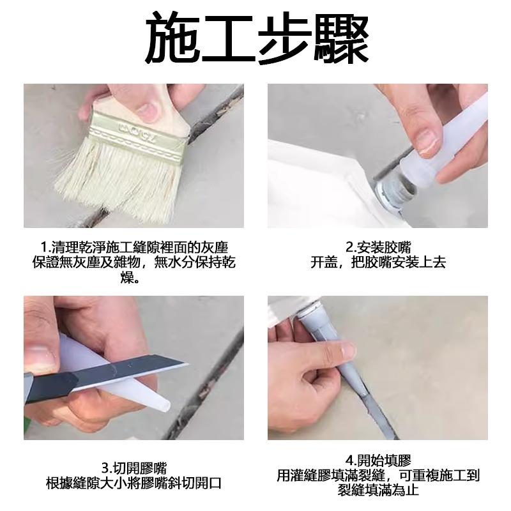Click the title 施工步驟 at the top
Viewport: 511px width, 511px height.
(x=257, y=38)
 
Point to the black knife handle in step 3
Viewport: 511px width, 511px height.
(x=49, y=388)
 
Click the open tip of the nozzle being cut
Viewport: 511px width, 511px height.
(x=165, y=406)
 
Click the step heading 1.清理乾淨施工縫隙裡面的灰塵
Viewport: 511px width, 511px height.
(x=133, y=248)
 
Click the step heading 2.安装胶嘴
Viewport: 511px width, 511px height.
(x=378, y=248)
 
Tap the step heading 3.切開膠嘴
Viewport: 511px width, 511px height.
(x=134, y=468)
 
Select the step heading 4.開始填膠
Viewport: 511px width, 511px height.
(x=378, y=461)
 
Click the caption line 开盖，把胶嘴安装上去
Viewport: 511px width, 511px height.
(x=378, y=263)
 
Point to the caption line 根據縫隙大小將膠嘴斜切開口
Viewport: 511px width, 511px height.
(x=134, y=483)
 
